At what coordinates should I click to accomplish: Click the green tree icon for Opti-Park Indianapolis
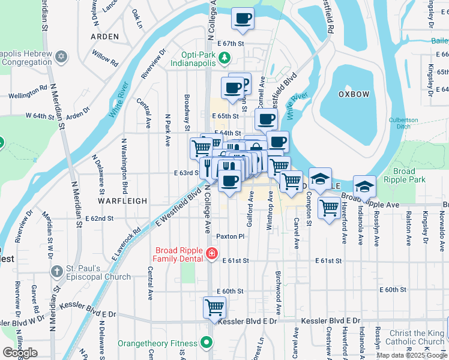[x=224, y=57]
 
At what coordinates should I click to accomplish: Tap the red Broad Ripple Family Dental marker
[x=211, y=254]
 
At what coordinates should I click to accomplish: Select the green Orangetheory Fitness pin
[x=206, y=344]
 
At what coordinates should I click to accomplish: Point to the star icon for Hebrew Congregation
[x=60, y=56]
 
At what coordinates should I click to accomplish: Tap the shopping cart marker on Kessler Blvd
[x=214, y=307]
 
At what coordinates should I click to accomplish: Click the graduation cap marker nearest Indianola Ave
[x=364, y=187]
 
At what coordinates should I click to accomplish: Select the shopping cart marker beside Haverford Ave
[x=329, y=208]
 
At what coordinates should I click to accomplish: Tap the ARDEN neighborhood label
[x=104, y=37]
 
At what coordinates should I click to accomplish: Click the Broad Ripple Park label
[x=404, y=175]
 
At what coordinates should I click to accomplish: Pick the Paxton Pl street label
[x=231, y=236]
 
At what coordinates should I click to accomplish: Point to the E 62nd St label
[x=99, y=218]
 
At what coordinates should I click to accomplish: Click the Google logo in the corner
[x=20, y=352]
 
